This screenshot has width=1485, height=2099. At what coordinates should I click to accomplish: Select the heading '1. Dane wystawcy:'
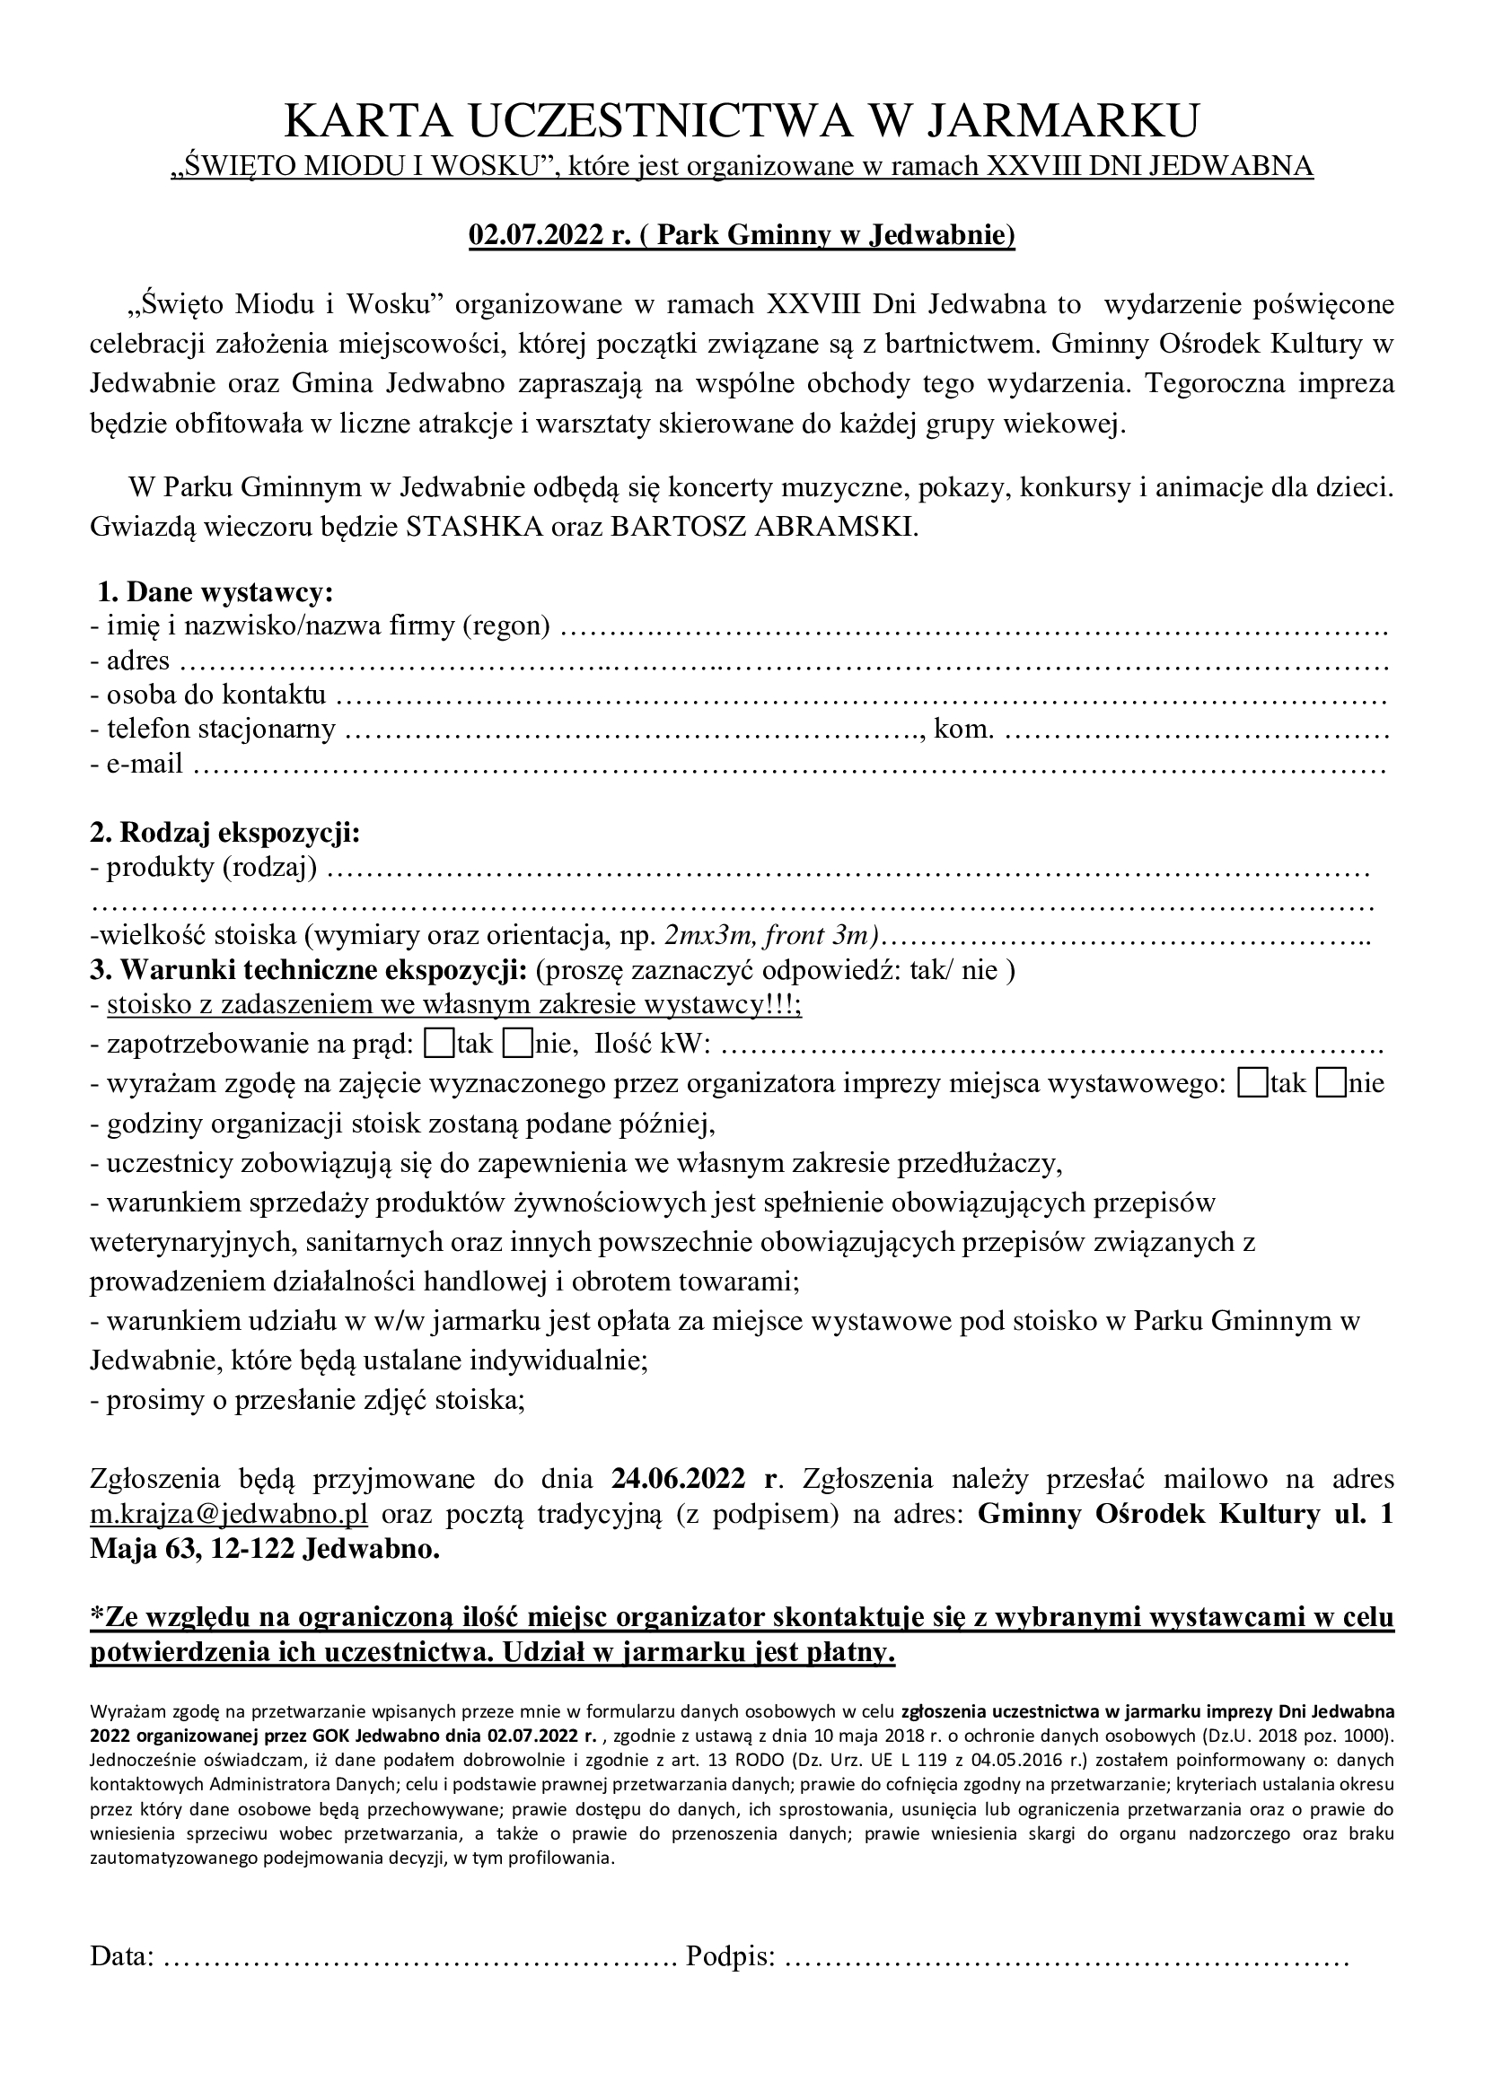click(215, 592)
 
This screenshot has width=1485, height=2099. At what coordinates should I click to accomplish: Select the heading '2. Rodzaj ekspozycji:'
click(225, 833)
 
